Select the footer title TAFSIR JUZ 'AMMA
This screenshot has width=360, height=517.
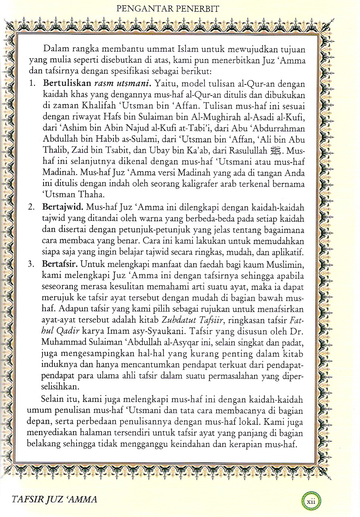(55, 499)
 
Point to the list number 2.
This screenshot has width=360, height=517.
(32, 208)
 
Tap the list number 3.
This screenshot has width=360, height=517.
(32, 264)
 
